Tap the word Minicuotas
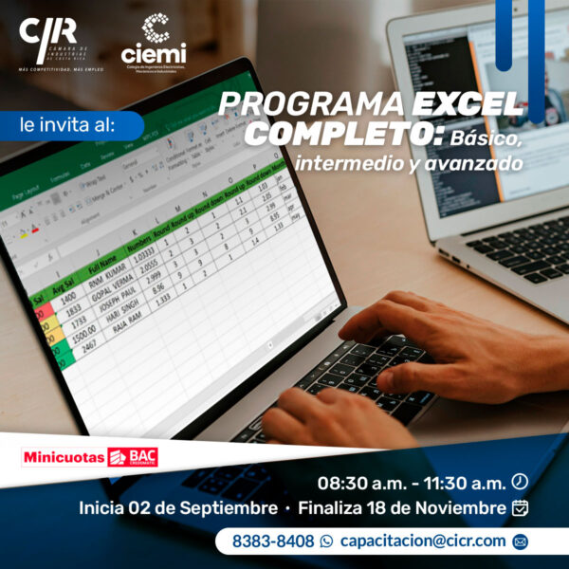tap(64, 457)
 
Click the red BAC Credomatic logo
tap(133, 457)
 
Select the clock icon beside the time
tap(519, 481)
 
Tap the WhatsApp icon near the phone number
tap(327, 541)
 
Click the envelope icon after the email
tap(519, 541)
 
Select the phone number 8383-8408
tap(272, 541)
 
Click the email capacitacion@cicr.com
tap(423, 541)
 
